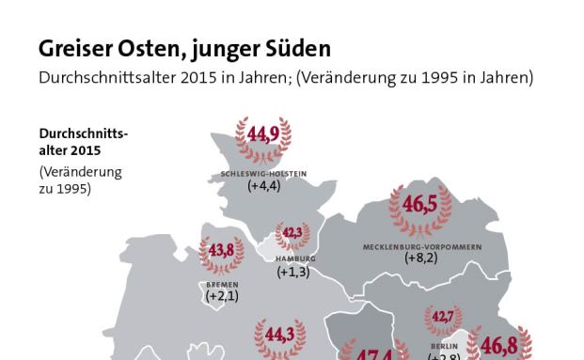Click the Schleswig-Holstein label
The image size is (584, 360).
tap(263, 174)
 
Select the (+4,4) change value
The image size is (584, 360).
tap(264, 186)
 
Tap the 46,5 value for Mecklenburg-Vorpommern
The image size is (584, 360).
tap(418, 205)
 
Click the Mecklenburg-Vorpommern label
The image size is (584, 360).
tap(421, 246)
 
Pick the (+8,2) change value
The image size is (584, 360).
tap(421, 258)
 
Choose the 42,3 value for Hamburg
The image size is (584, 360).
tap(293, 233)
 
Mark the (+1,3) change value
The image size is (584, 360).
tap(293, 273)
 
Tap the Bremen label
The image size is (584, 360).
tap(222, 284)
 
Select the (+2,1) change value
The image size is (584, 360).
tap(222, 296)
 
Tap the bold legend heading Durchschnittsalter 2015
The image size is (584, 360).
tap(82, 141)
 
